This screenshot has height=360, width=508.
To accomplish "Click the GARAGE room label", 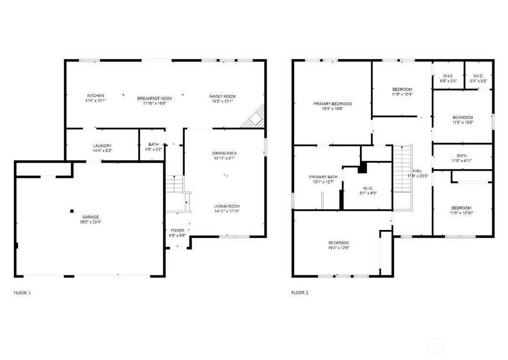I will tap(90, 217).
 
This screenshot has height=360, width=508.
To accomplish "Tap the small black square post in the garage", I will tap(72, 211).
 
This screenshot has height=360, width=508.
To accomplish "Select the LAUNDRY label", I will tap(102, 146).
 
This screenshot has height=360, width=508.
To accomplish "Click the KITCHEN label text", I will tap(95, 96).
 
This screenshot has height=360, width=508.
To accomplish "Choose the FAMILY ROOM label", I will tap(222, 96).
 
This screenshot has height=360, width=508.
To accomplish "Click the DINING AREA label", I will tap(224, 153).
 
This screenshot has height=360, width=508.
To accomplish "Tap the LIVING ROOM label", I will tap(226, 206).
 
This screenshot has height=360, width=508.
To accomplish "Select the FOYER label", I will tap(177, 230).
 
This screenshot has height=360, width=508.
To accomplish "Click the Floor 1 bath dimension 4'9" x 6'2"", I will tap(153, 150).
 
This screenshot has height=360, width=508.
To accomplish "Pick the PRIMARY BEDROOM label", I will tap(332, 104).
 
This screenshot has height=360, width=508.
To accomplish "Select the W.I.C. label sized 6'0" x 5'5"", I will tap(448, 81).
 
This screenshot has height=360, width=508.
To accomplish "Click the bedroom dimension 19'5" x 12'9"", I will tap(339, 248).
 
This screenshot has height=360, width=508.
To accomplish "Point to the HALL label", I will tap(418, 170).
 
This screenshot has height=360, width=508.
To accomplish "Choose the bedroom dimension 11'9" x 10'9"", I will tap(402, 94).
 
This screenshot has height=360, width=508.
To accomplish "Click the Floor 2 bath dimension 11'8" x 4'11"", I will tap(461, 160).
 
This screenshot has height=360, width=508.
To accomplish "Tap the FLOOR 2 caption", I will tap(300, 293).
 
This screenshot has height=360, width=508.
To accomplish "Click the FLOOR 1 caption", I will tap(22, 293).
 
